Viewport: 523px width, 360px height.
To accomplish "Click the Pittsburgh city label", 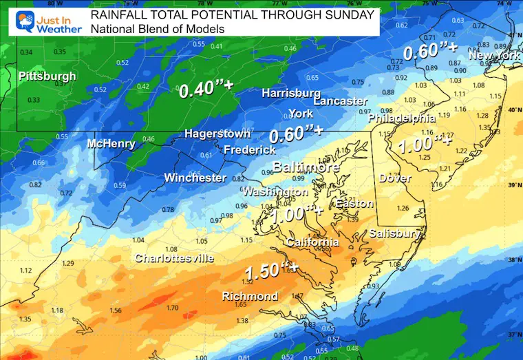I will click(x=47, y=76).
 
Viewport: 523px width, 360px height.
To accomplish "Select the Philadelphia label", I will click(x=403, y=118).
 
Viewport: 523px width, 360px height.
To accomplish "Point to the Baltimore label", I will click(x=306, y=167).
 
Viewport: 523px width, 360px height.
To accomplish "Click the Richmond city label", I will click(x=250, y=297).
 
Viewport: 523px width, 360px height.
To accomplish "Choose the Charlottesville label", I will click(x=174, y=258).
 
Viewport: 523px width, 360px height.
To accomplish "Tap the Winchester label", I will click(x=195, y=178).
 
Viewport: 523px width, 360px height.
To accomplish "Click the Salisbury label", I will click(x=394, y=234).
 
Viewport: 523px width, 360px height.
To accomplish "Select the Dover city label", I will click(x=394, y=178).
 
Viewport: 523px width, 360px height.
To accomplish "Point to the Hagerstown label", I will click(x=215, y=134).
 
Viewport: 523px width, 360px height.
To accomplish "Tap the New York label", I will click(x=495, y=54).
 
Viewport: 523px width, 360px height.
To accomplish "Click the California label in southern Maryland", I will click(x=312, y=242).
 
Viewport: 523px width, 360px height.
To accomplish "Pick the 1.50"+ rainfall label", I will click(x=270, y=271).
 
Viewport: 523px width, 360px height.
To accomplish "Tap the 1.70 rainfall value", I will click(x=173, y=308).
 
